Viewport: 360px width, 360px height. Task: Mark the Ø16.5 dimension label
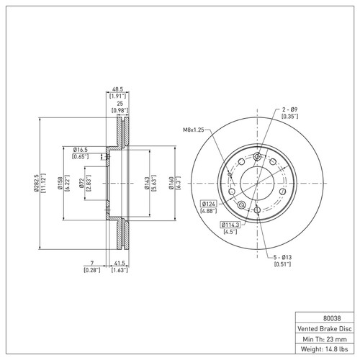pyautogui.click(x=81, y=149)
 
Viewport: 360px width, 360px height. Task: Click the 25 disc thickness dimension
pyautogui.click(x=120, y=104)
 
